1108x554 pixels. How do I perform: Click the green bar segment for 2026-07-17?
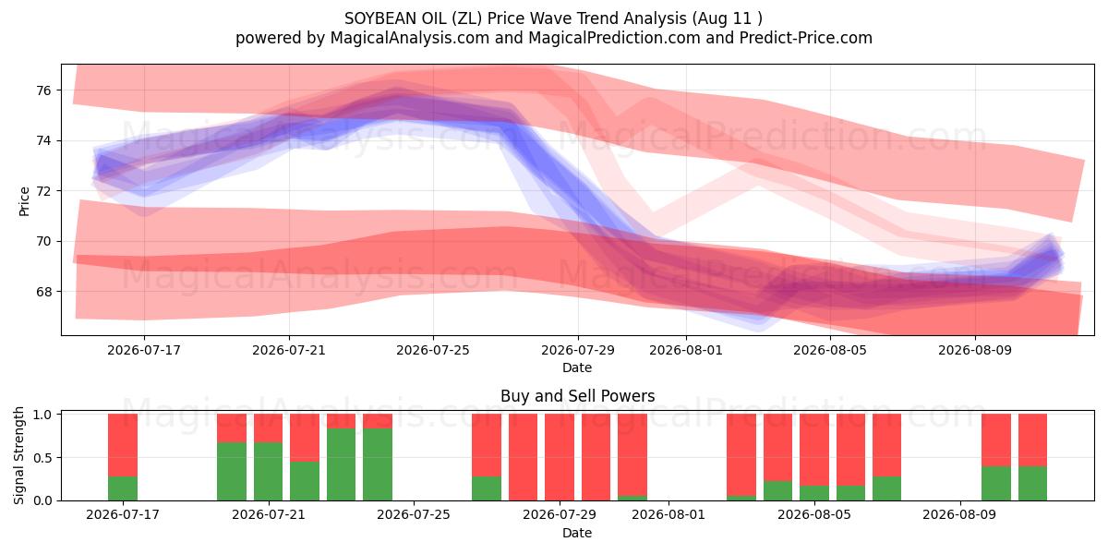123,488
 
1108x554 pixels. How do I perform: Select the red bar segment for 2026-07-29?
560,457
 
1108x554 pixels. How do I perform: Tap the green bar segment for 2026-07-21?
268,472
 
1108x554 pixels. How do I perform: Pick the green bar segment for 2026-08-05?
814,493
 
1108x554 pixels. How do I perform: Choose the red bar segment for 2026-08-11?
1033,440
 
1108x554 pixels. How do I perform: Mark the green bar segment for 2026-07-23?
342,464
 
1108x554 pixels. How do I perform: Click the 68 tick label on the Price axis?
43,292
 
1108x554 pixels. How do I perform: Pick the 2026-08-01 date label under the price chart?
685,350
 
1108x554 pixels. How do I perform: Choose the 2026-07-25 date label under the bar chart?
414,514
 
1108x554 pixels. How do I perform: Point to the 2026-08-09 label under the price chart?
975,350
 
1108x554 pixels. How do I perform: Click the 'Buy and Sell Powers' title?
577,396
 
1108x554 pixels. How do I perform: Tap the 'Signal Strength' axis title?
18,455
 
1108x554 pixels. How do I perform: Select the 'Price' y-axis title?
24,202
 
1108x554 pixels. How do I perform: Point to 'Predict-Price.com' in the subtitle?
806,38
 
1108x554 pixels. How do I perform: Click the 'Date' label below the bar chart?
577,533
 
